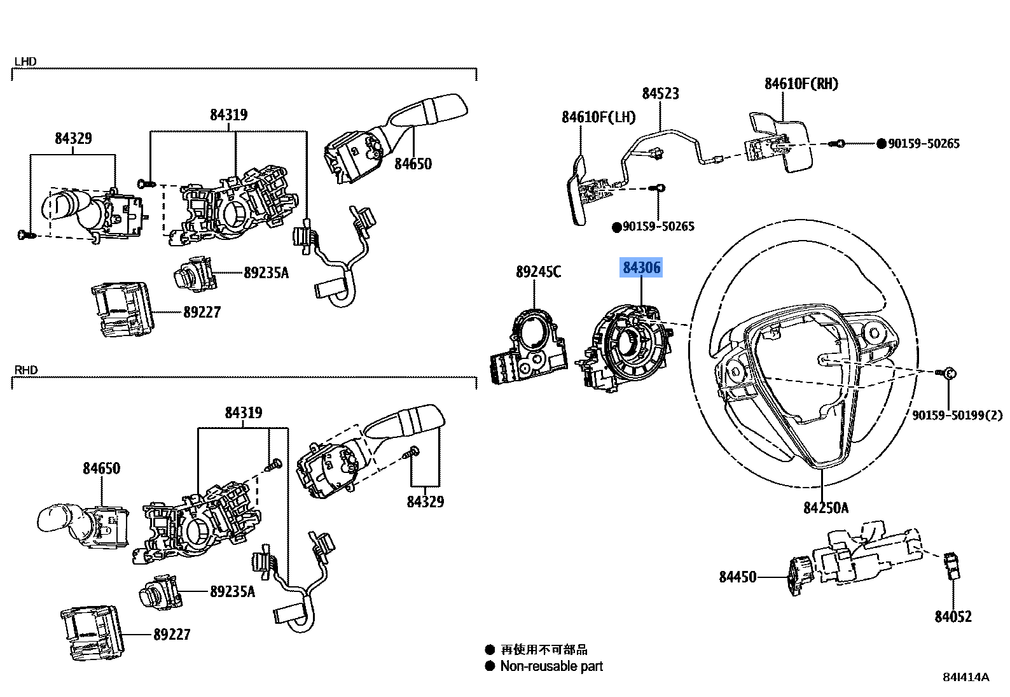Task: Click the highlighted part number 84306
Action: click(x=642, y=268)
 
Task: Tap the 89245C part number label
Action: click(x=538, y=272)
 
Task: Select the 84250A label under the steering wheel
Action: click(x=826, y=507)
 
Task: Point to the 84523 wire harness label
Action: click(x=660, y=94)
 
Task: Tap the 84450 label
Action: click(x=738, y=577)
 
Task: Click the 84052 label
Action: click(x=953, y=617)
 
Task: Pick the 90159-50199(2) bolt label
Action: click(x=957, y=416)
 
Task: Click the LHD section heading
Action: click(x=25, y=62)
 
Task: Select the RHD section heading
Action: click(x=25, y=370)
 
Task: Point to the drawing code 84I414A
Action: click(x=965, y=677)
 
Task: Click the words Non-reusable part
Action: click(x=551, y=666)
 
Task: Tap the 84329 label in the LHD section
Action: click(x=73, y=138)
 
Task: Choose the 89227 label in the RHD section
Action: click(x=172, y=635)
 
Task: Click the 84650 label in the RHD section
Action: click(x=101, y=468)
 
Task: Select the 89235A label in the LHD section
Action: click(x=266, y=273)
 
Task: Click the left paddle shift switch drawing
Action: click(x=580, y=191)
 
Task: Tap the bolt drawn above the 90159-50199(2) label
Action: click(x=948, y=373)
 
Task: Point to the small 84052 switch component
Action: click(x=952, y=565)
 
